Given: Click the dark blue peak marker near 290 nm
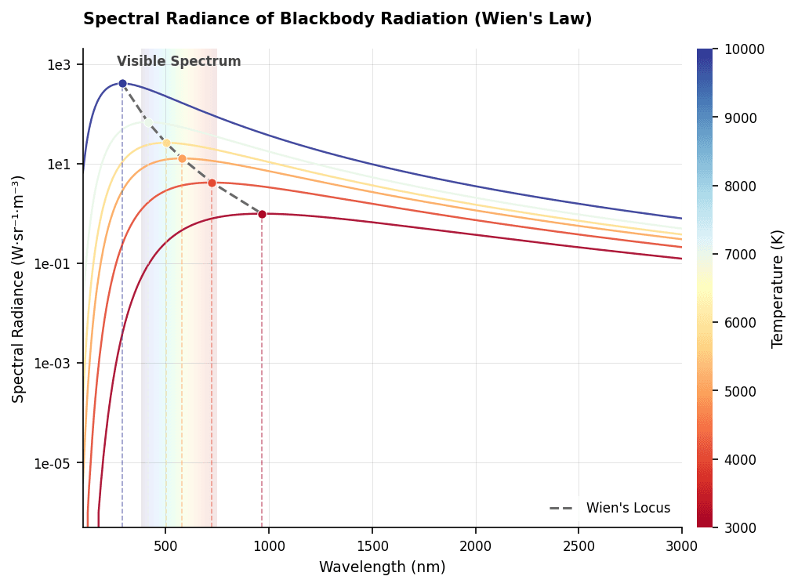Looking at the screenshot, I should (x=122, y=83).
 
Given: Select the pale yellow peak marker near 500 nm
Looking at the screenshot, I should (x=166, y=143).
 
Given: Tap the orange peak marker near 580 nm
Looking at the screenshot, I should (x=182, y=158).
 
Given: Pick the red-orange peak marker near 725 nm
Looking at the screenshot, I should (x=212, y=183).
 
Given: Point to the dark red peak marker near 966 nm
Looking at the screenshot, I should (x=262, y=214).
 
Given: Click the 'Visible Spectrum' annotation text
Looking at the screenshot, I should (x=179, y=62).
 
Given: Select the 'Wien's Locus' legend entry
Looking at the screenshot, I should (x=611, y=508).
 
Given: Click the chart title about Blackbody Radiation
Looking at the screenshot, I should (x=337, y=19).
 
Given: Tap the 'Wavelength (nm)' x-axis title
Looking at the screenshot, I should (x=382, y=567).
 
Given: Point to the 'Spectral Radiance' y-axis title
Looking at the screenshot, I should (x=19, y=288).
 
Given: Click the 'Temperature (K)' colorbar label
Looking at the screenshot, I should (x=778, y=288).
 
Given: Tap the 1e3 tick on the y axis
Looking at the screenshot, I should (x=59, y=65).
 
